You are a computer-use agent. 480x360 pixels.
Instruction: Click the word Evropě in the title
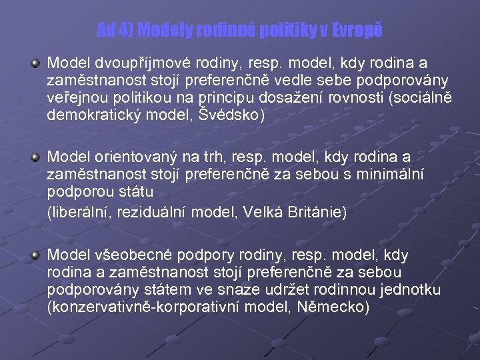click(357, 30)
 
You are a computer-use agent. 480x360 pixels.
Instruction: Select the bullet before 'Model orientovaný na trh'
click(34, 157)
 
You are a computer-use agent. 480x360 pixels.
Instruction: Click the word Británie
click(315, 213)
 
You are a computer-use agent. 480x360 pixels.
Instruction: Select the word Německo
click(337, 307)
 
